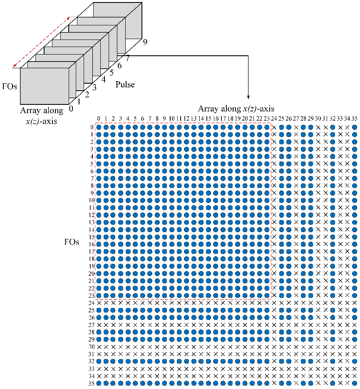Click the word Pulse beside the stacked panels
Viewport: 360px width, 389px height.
coord(125,84)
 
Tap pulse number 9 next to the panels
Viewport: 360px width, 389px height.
coord(144,42)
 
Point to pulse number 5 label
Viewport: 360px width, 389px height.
coord(112,73)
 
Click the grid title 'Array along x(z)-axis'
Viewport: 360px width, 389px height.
coord(236,109)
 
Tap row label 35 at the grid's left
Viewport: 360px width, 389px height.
coord(92,383)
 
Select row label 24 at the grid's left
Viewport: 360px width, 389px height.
coord(92,303)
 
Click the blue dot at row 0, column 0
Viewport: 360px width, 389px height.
coord(99,127)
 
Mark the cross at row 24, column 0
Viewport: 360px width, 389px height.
coord(99,303)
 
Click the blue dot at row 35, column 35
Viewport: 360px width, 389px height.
coord(354,383)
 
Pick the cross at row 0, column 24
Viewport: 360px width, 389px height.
coord(274,127)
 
